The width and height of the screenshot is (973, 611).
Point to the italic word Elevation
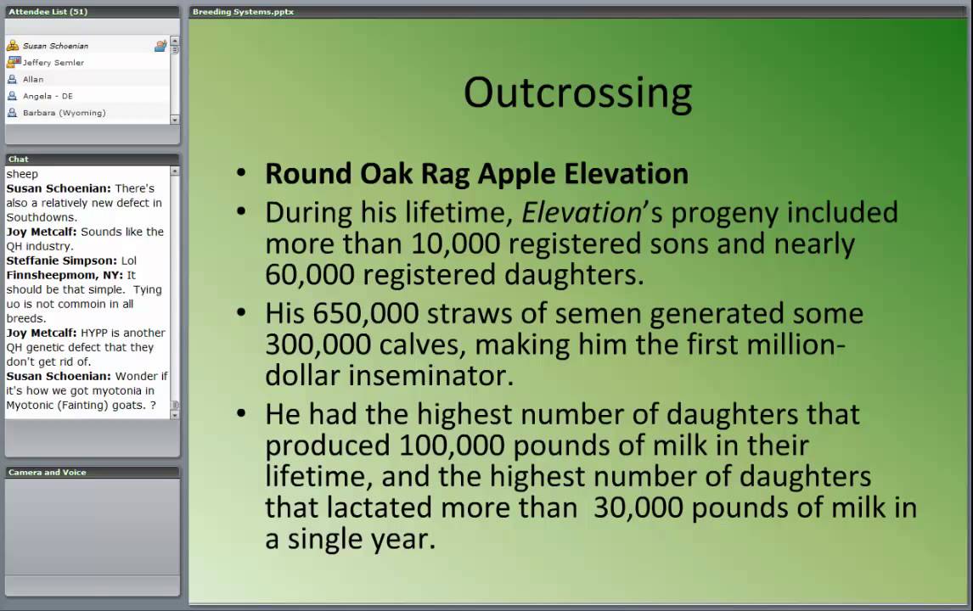(582, 212)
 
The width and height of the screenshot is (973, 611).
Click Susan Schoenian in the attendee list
(55, 46)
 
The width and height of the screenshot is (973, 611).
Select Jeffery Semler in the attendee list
(53, 63)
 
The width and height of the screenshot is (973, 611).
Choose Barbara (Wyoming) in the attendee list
(64, 113)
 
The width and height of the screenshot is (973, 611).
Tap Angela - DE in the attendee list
(48, 96)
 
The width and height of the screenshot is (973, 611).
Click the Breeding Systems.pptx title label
(243, 12)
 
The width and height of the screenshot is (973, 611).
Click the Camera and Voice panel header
(47, 472)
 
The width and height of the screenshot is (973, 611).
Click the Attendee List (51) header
(48, 12)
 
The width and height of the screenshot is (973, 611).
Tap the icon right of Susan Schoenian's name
(160, 46)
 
